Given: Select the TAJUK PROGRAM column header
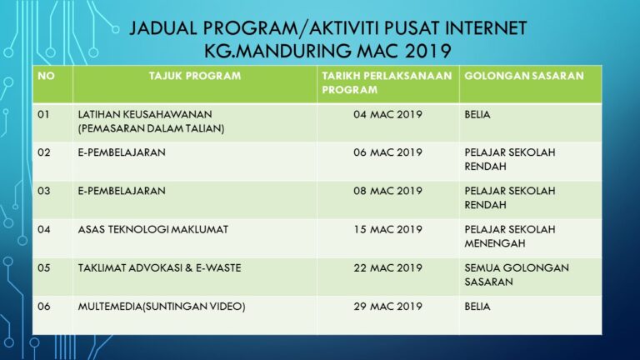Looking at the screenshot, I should click(194, 76).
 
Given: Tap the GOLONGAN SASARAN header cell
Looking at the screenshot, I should click(523, 76).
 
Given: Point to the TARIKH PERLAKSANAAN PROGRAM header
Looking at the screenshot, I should click(387, 82).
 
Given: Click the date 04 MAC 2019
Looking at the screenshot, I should click(387, 114).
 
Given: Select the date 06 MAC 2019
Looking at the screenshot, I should click(387, 152).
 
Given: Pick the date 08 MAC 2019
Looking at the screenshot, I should click(387, 191).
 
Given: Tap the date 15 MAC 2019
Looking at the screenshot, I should click(387, 229).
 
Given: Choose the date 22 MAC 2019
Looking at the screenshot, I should click(387, 267).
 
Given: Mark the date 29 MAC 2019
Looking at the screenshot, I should click(387, 306).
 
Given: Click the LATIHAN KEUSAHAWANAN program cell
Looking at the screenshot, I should click(145, 121).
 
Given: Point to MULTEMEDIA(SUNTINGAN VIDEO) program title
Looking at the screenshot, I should click(162, 306).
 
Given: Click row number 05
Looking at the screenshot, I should click(44, 267).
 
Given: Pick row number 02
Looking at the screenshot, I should click(44, 152).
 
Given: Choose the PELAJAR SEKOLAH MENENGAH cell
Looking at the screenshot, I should click(509, 236).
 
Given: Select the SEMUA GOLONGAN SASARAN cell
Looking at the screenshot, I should click(516, 274).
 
